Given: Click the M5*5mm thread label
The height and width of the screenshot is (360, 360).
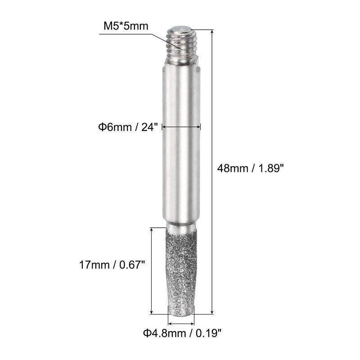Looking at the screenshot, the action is click(126, 26).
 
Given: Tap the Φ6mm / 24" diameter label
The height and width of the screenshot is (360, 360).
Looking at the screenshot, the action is click(128, 127).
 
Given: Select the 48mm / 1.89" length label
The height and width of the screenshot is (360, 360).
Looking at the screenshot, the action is click(251, 168).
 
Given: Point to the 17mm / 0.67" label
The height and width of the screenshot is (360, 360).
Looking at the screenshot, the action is click(112, 265).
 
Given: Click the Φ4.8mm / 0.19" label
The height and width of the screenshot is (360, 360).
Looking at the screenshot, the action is click(183, 333).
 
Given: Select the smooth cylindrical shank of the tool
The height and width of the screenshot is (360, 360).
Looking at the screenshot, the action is click(181, 142).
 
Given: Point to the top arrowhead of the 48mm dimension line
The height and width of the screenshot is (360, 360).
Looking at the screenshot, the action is click(212, 31).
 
